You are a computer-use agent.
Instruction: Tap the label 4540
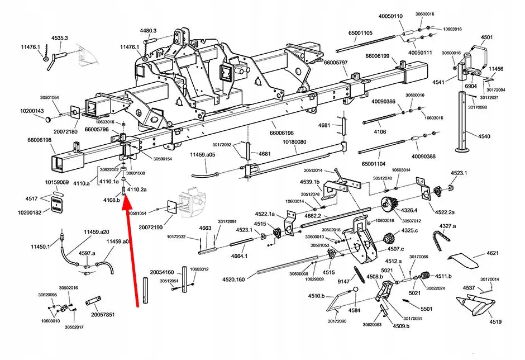[x=484, y=136]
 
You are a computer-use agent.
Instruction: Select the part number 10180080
[x=294, y=143]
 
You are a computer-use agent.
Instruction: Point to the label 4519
[x=496, y=322]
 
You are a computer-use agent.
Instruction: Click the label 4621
[x=492, y=253]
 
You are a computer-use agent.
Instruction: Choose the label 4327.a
[x=448, y=226]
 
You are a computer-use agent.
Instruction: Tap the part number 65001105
[x=363, y=33]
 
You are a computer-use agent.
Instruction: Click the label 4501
[x=487, y=37]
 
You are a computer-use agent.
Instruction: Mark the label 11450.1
[x=40, y=247]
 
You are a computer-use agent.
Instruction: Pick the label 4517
[x=31, y=198]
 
